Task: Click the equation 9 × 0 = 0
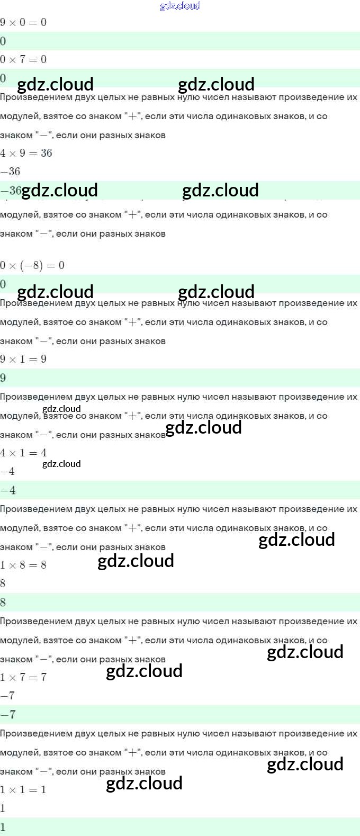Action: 23,22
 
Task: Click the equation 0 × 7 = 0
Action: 23,59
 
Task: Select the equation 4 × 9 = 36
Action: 26,153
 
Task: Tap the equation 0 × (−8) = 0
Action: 32,265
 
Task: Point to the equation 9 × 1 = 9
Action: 23,359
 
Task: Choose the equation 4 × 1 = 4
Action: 23,453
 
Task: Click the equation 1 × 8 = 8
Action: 23,565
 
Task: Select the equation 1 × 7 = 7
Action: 23,677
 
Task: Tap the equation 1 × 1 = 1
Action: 23,789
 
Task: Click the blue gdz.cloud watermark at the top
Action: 180,6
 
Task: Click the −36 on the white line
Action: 11,172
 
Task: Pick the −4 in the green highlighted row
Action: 8,490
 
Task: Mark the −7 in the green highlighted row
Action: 8,715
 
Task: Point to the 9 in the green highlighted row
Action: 3,378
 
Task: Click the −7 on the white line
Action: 8,696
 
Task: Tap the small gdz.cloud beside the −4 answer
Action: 61,464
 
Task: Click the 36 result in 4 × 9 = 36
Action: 47,153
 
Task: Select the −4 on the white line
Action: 8,471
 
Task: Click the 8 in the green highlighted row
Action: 3,603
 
